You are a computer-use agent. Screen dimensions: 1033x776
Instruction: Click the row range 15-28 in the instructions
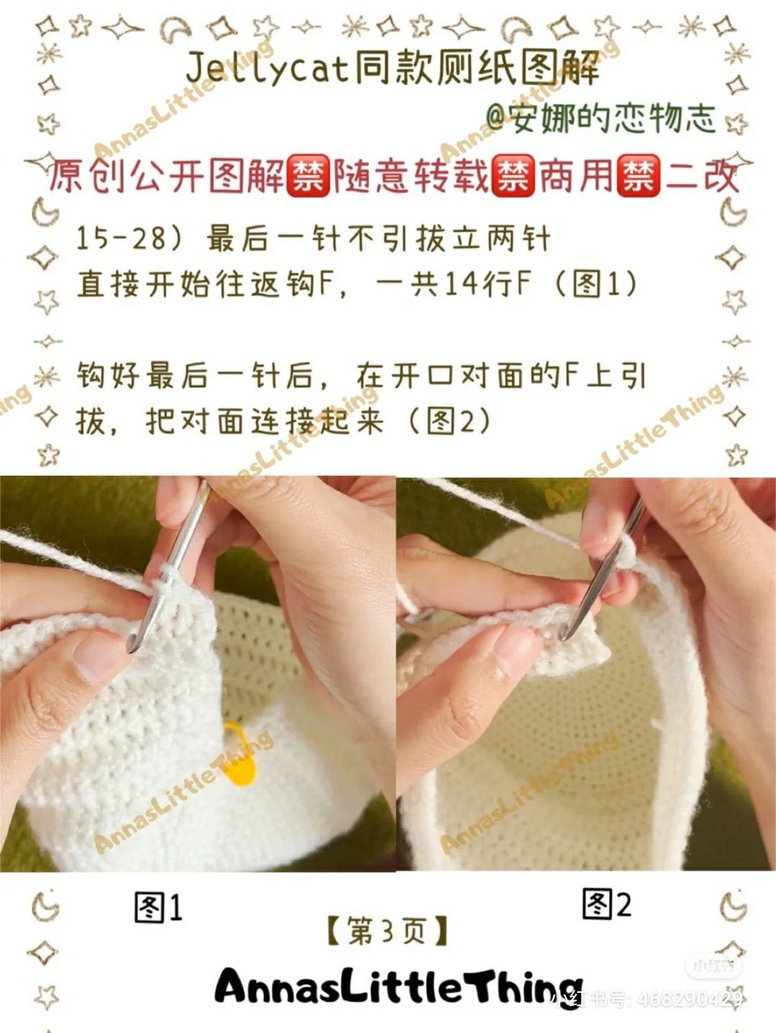click(121, 238)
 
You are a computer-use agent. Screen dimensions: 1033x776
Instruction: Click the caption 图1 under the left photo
click(159, 908)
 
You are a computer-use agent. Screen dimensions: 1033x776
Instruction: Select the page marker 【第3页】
click(387, 931)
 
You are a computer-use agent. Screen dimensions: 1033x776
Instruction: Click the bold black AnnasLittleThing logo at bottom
click(399, 987)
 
